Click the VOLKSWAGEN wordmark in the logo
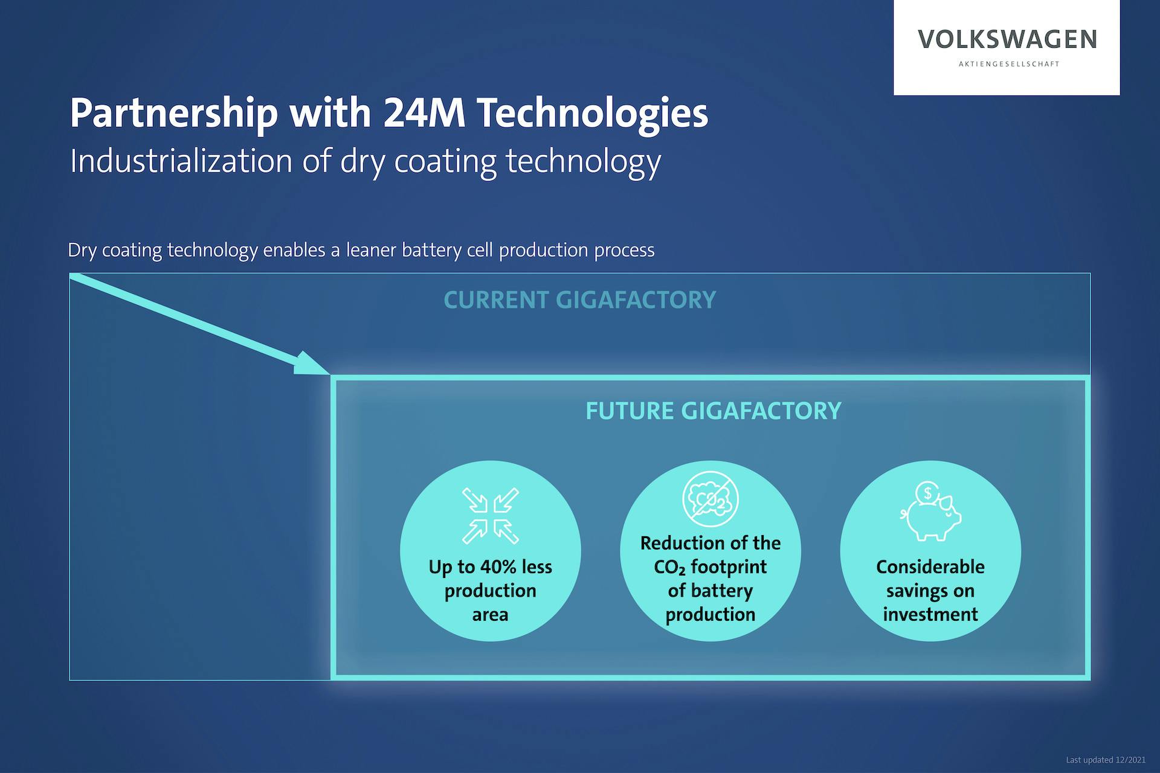1007,39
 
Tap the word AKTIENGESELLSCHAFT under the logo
1009,64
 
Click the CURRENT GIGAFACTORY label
579,300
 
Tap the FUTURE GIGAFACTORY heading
713,411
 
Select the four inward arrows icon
491,516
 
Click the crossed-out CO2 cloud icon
710,499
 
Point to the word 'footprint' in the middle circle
729,567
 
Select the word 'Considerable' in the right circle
930,566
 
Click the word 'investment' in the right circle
930,614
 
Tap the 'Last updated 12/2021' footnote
1106,760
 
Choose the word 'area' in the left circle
490,615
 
